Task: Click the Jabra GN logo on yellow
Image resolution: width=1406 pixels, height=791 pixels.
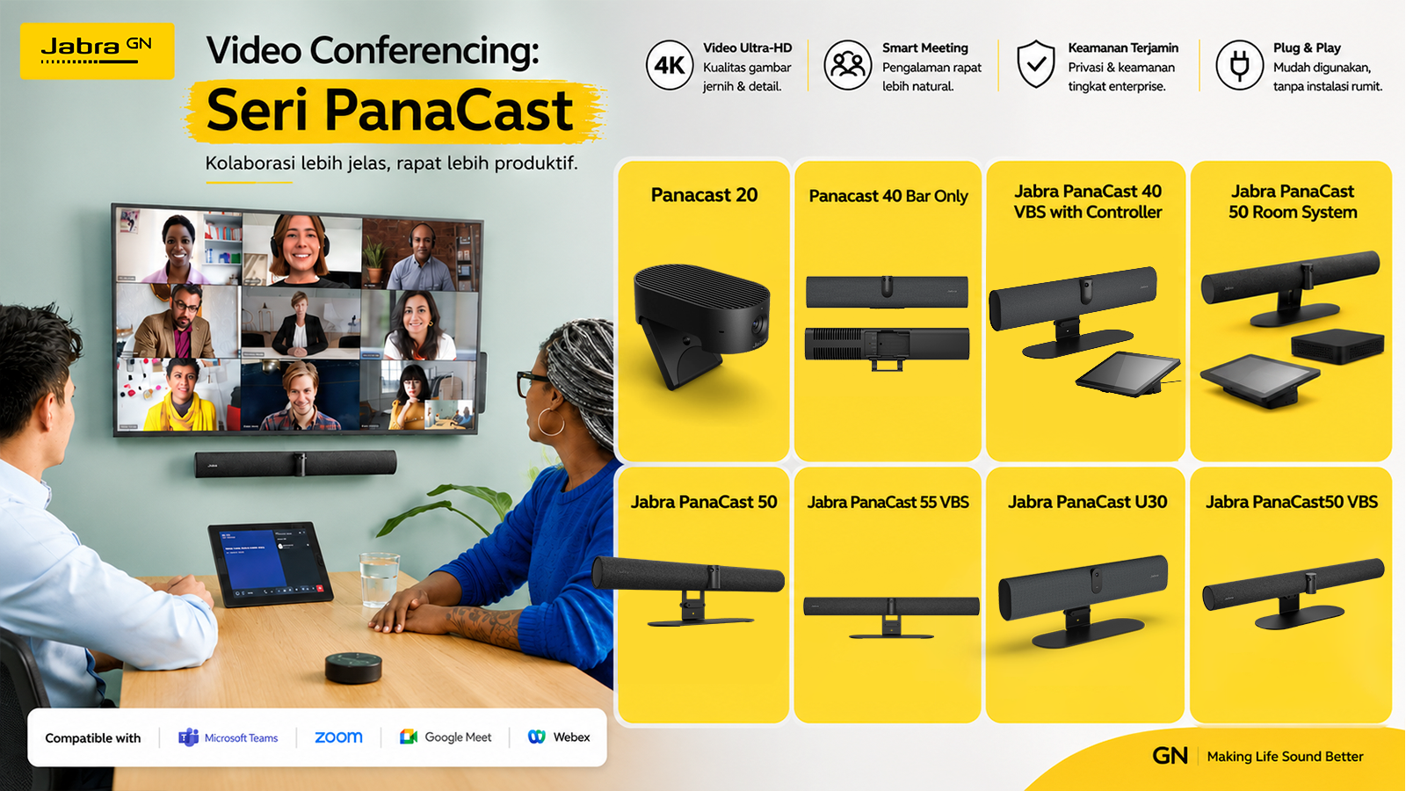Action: pyautogui.click(x=98, y=51)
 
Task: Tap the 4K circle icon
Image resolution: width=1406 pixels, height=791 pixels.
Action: pyautogui.click(x=670, y=65)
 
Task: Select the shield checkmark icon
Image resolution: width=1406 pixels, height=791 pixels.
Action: pyautogui.click(x=1036, y=65)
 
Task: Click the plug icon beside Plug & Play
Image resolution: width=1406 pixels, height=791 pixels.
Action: pyautogui.click(x=1239, y=65)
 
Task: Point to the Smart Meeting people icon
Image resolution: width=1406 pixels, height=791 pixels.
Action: pyautogui.click(x=847, y=65)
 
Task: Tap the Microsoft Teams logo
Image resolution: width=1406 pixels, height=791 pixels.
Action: pyautogui.click(x=188, y=737)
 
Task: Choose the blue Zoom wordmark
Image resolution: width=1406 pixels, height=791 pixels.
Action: pyautogui.click(x=338, y=737)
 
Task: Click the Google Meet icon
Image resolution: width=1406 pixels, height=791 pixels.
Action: pyautogui.click(x=409, y=737)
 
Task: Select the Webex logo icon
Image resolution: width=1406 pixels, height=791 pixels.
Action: pyautogui.click(x=537, y=737)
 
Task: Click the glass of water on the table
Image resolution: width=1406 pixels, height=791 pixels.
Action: pyautogui.click(x=379, y=579)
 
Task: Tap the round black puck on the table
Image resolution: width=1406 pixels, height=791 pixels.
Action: pyautogui.click(x=353, y=667)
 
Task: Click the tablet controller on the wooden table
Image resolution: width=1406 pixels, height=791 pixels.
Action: pyautogui.click(x=271, y=563)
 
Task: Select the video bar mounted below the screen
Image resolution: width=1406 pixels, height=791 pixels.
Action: pyautogui.click(x=295, y=464)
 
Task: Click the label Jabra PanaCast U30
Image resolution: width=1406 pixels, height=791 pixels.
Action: pyautogui.click(x=1087, y=502)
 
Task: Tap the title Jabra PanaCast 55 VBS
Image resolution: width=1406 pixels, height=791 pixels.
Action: pyautogui.click(x=888, y=502)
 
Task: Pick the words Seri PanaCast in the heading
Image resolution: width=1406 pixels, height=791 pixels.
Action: pyautogui.click(x=389, y=111)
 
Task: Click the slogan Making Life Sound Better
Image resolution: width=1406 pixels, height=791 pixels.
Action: pyautogui.click(x=1285, y=757)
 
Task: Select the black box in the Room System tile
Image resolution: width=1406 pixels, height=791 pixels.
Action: pyautogui.click(x=1337, y=346)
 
